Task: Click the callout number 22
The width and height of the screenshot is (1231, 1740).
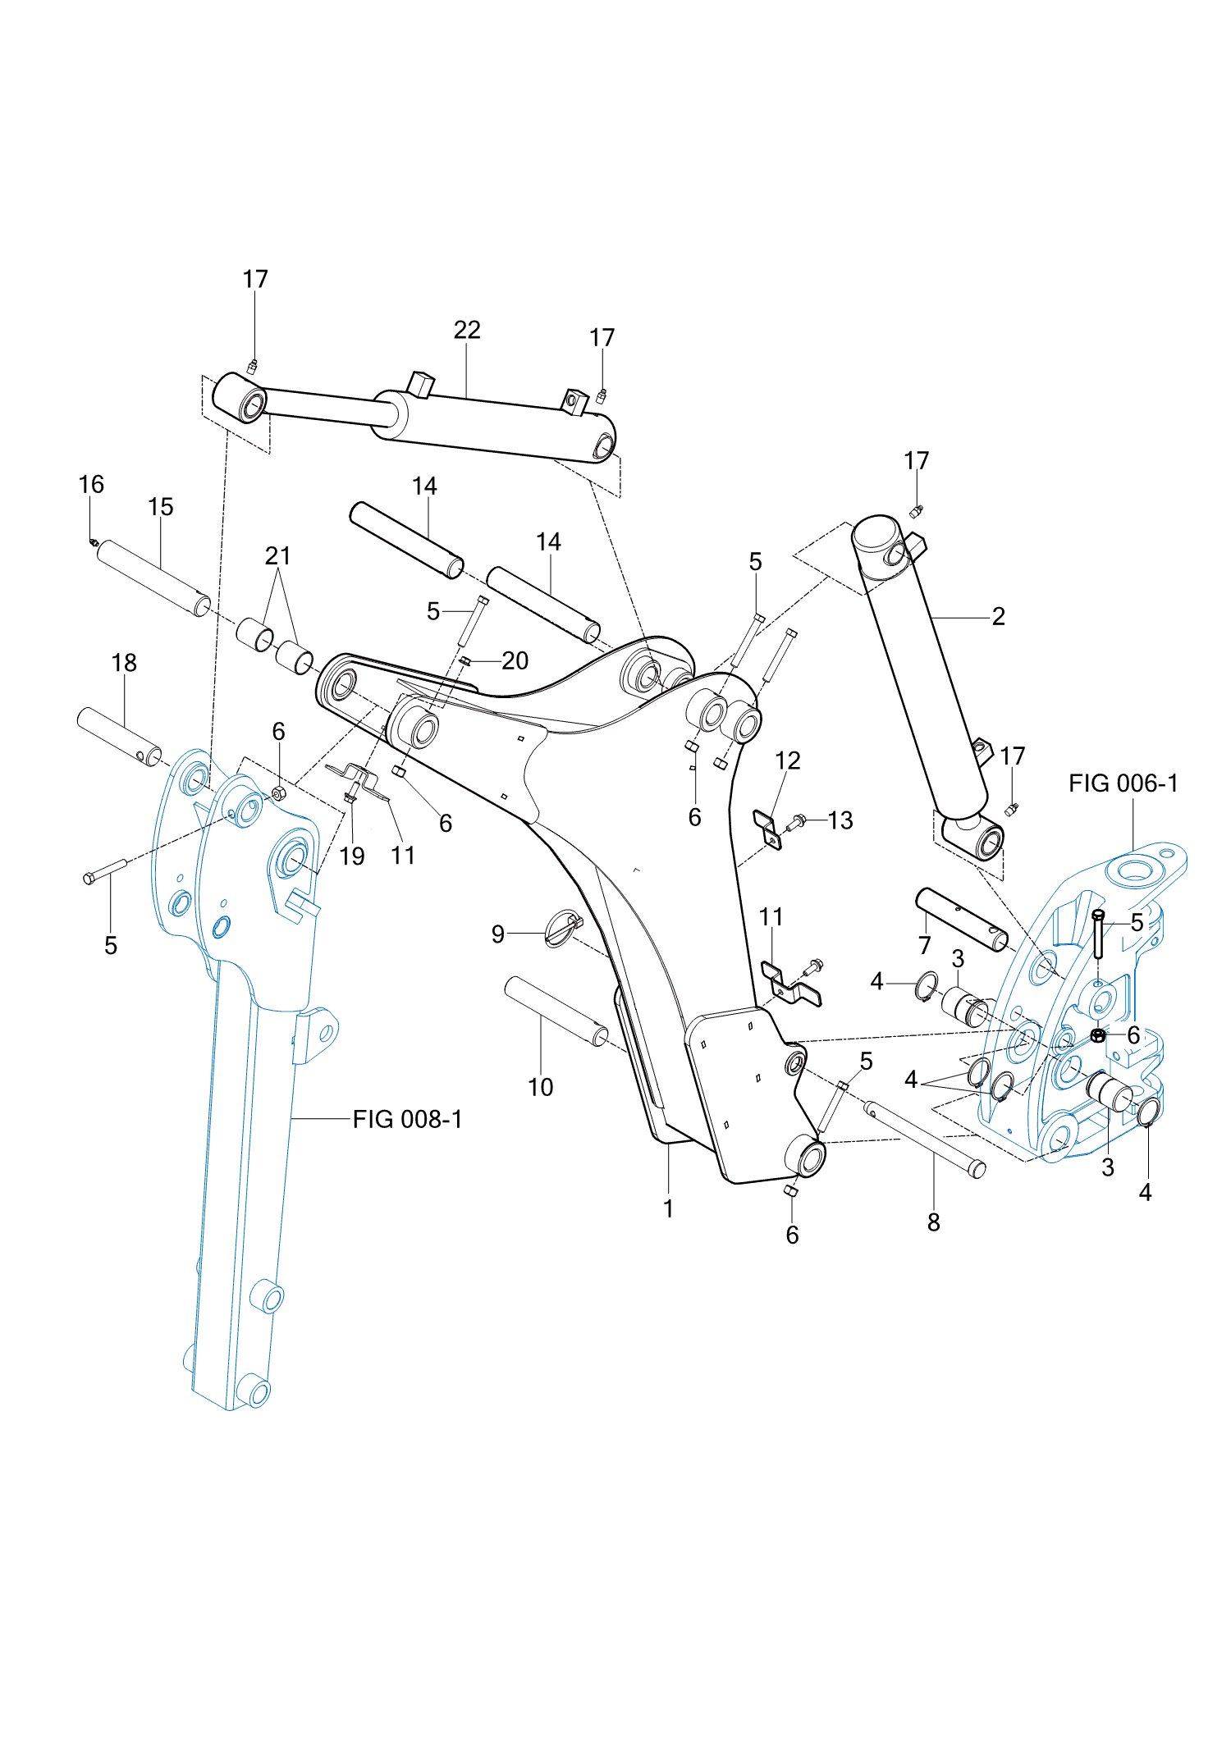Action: point(467,330)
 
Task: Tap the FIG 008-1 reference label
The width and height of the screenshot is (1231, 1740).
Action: point(407,1119)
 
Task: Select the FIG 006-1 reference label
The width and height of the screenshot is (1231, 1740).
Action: point(1123,783)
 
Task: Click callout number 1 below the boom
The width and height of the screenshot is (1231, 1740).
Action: point(669,1208)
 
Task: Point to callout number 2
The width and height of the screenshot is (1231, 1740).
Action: point(998,616)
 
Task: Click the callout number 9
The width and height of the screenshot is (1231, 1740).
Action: point(498,934)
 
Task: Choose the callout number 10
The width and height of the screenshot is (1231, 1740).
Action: point(540,1087)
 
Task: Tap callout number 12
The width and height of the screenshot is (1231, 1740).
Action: point(787,760)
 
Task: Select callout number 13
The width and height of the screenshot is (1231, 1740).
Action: point(840,820)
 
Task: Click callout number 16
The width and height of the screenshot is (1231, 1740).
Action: point(91,485)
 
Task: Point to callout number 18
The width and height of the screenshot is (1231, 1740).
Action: point(124,663)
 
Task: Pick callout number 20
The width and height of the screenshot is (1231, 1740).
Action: point(515,660)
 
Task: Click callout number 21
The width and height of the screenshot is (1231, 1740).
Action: point(278,556)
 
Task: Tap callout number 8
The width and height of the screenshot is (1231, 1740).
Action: point(933,1222)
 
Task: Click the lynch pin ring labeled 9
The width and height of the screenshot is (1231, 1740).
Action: point(563,927)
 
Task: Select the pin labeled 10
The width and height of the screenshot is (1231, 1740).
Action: point(556,1010)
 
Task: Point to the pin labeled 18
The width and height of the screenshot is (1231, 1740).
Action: point(119,735)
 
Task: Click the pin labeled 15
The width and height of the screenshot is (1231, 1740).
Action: point(153,578)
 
